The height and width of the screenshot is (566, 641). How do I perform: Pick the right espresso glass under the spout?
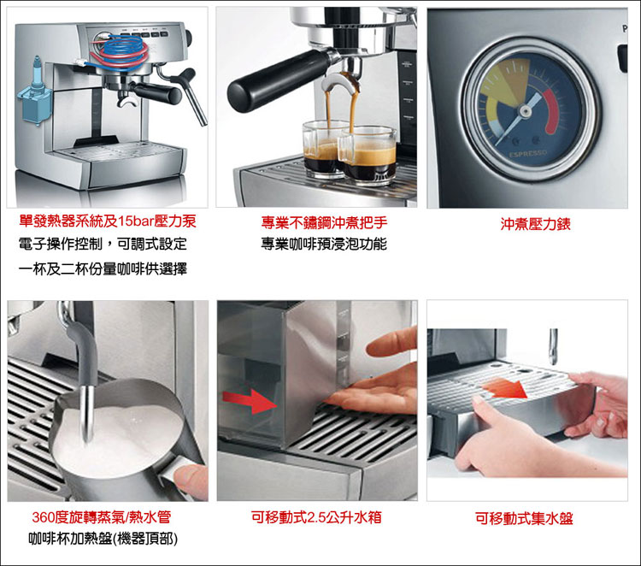[367, 155]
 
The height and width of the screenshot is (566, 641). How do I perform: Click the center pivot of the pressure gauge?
[525, 111]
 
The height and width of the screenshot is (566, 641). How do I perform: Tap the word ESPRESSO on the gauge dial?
[528, 155]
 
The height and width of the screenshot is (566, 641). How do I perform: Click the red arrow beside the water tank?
[250, 400]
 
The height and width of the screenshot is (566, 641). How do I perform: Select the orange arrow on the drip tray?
[505, 388]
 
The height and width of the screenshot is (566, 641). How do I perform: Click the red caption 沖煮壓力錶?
[535, 224]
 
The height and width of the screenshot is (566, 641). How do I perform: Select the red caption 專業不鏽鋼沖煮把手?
[324, 222]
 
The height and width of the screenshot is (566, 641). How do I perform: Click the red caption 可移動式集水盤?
[524, 518]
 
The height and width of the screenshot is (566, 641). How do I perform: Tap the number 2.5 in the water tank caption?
[317, 517]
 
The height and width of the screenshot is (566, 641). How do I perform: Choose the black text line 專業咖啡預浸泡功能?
[324, 244]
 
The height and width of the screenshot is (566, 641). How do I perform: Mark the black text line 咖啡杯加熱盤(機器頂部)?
[103, 539]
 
